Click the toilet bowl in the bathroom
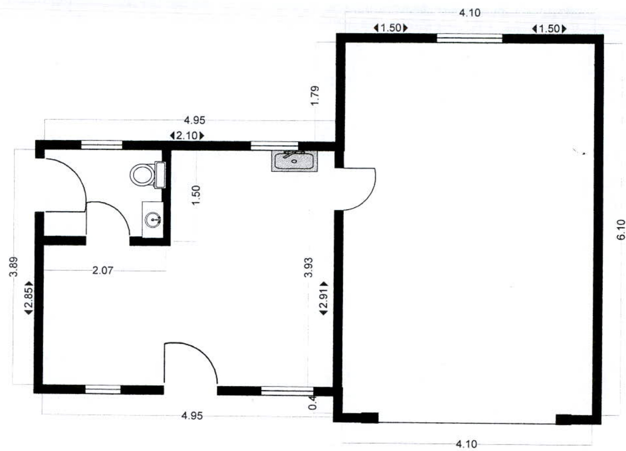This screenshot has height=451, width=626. [142, 175]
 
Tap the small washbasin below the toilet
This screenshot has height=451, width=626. [153, 219]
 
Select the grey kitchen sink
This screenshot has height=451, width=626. [294, 161]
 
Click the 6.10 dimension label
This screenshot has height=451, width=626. [621, 230]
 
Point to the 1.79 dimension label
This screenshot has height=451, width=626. [316, 96]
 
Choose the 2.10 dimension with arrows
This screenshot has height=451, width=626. [186, 135]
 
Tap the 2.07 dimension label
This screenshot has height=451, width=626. [103, 270]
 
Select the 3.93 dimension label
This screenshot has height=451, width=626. [308, 267]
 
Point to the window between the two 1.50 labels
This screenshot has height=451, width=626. [470, 38]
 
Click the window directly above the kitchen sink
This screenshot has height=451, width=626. [274, 146]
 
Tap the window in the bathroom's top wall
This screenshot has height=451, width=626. [101, 145]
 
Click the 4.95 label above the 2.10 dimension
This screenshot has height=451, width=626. [194, 120]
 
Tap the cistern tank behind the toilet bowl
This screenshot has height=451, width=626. [160, 174]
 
